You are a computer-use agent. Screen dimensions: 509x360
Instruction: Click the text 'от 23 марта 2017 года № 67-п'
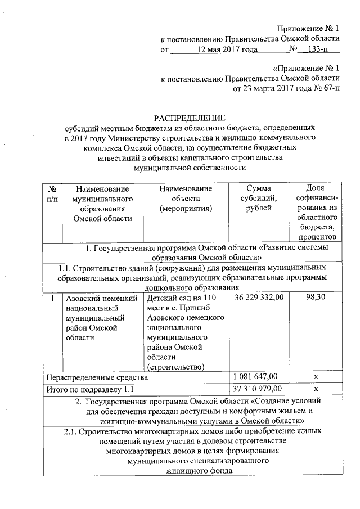point(286,88)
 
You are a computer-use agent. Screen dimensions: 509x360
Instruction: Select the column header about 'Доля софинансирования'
point(316,213)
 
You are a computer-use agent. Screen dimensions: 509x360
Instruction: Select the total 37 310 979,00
point(258,389)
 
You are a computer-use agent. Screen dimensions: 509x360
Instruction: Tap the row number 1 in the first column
point(51,298)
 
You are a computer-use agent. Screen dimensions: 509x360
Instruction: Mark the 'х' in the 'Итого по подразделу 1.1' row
point(316,389)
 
